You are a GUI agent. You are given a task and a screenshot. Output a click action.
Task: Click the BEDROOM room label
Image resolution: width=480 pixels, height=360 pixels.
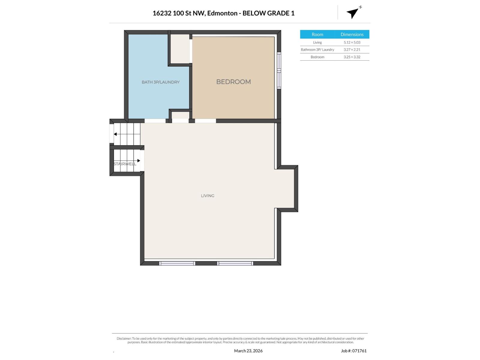click(x=233, y=82)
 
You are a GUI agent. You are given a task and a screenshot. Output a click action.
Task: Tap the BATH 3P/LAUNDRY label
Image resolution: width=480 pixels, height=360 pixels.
click(x=160, y=82)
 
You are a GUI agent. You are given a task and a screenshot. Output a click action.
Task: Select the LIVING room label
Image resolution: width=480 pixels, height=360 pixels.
click(x=208, y=196)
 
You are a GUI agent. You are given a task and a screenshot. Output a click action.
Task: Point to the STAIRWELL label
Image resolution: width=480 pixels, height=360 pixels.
click(x=125, y=164)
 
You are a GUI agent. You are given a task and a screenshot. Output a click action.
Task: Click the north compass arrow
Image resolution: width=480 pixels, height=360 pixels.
click(x=353, y=13)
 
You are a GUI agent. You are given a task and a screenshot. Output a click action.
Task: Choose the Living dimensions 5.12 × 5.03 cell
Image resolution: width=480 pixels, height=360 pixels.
click(x=352, y=42)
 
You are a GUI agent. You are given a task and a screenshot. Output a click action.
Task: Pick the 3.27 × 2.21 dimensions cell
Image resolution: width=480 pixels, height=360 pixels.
click(x=352, y=49)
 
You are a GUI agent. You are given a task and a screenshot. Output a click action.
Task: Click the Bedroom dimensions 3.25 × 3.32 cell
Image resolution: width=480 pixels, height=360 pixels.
click(x=352, y=57)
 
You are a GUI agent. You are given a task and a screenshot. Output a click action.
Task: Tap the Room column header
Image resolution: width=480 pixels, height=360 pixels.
click(x=317, y=34)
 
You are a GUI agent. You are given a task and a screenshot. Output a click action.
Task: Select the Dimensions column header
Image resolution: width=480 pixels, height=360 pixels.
click(x=352, y=34)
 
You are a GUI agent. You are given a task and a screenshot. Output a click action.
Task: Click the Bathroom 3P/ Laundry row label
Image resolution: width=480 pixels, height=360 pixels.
click(x=317, y=49)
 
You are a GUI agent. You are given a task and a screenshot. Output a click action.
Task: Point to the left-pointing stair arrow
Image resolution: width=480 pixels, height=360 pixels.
click(x=115, y=134)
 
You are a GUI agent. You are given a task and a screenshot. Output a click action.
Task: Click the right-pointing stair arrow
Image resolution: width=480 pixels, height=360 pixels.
click(x=139, y=160)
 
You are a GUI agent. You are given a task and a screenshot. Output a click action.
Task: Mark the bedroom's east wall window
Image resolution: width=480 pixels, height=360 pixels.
click(x=279, y=70)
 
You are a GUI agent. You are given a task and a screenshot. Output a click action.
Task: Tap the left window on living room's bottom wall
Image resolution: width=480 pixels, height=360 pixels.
click(x=177, y=263)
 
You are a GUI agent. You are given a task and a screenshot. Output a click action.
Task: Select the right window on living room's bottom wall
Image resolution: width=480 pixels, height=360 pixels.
click(x=235, y=263)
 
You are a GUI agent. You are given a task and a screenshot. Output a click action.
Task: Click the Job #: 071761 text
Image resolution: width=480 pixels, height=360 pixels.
click(x=354, y=351)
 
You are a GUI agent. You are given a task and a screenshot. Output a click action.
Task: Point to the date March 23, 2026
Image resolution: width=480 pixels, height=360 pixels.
click(x=248, y=351)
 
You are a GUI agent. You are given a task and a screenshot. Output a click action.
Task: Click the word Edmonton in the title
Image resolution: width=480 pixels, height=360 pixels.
click(x=221, y=13)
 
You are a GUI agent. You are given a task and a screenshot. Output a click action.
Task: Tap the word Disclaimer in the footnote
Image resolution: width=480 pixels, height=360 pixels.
click(x=124, y=338)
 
